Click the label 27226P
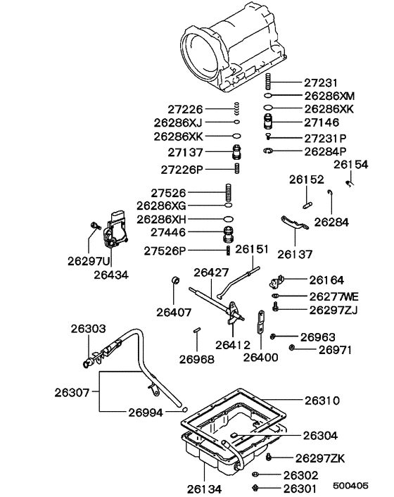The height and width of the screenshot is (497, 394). pos(182,170)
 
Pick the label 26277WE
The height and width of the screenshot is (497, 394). pos(331,296)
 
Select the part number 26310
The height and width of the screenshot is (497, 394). pos(322,401)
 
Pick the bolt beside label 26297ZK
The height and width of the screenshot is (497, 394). pos(271,458)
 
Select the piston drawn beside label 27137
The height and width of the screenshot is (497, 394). pos(238,151)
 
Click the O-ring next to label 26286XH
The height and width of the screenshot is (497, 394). pos(228,219)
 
